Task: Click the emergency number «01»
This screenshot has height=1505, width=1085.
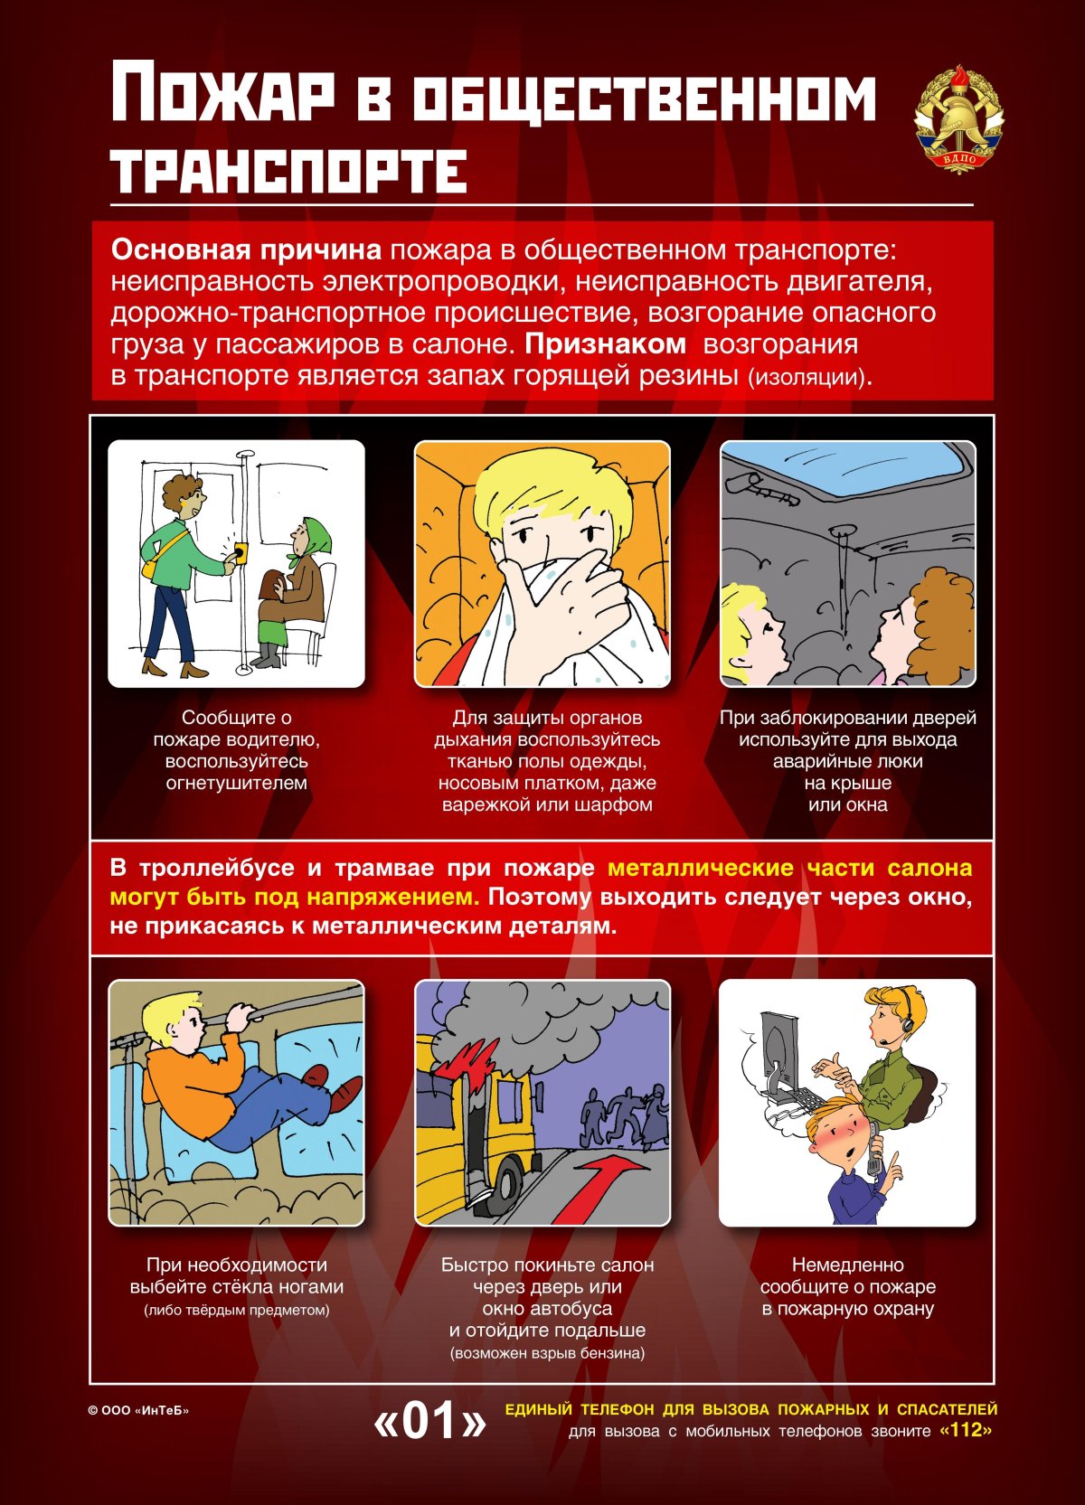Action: pyautogui.click(x=429, y=1421)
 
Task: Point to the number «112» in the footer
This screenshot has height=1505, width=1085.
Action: pyautogui.click(x=966, y=1431)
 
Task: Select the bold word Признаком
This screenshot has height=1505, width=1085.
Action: pyautogui.click(x=605, y=344)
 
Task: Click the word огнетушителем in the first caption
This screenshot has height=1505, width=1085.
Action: pyautogui.click(x=236, y=783)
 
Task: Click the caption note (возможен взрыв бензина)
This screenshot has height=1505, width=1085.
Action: pyautogui.click(x=547, y=1353)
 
